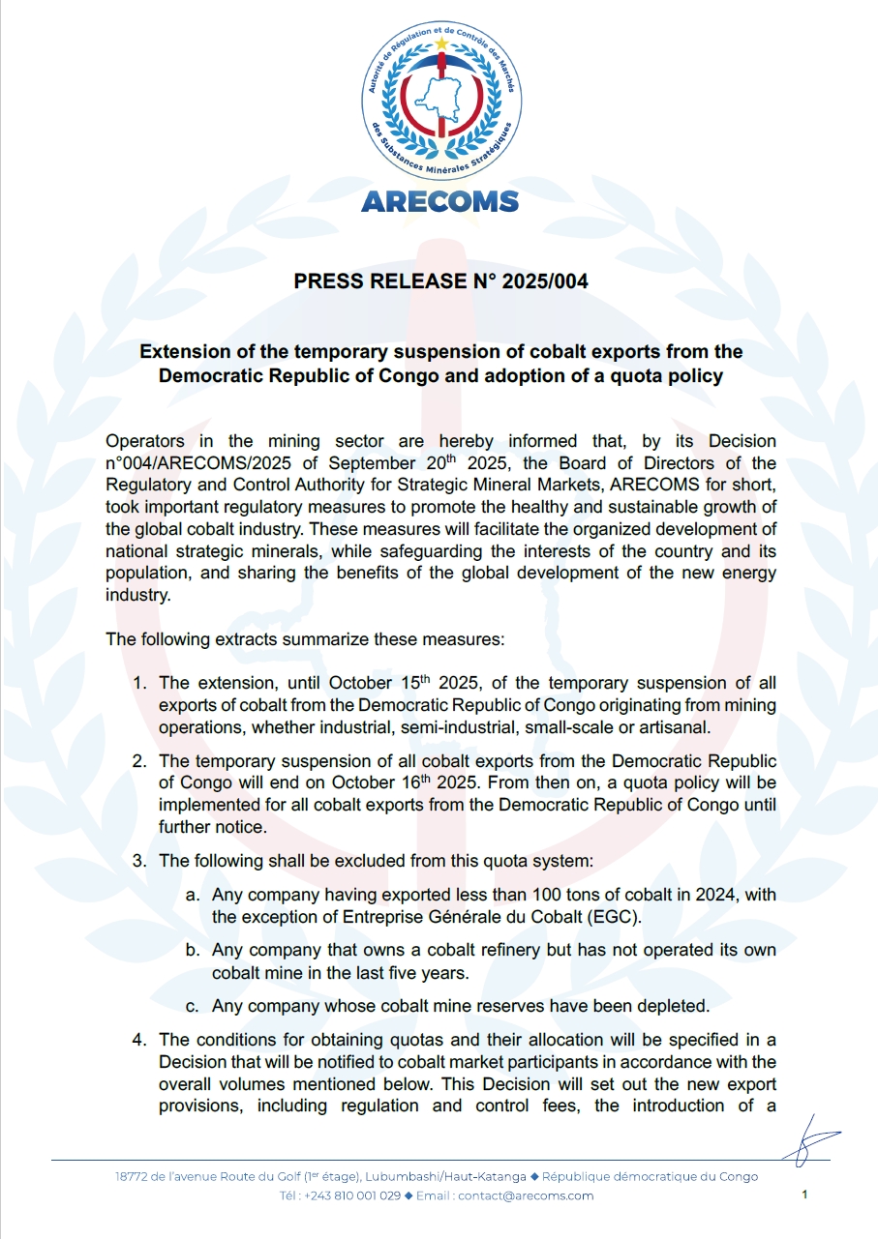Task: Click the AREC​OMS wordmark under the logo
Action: pyautogui.click(x=439, y=201)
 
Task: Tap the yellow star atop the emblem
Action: pyautogui.click(x=441, y=43)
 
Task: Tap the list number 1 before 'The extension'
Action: pyautogui.click(x=139, y=684)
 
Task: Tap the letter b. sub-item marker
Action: pyautogui.click(x=194, y=950)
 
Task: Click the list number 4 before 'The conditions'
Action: pyautogui.click(x=139, y=1040)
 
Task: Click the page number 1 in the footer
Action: pyautogui.click(x=804, y=1195)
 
